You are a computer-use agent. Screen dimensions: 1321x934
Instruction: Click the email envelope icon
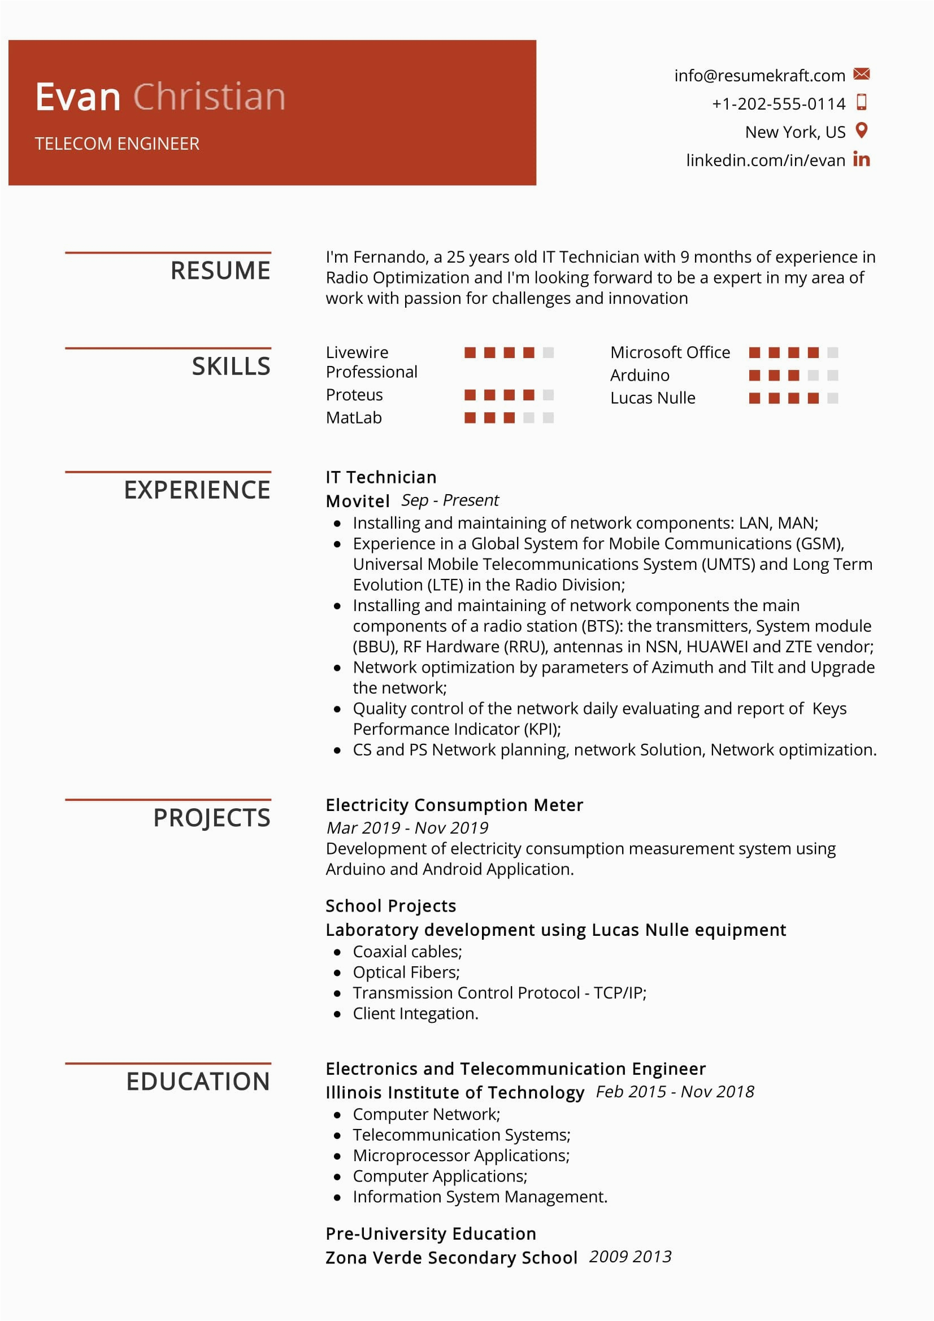tap(861, 74)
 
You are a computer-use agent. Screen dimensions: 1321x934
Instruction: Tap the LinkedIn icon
tap(861, 159)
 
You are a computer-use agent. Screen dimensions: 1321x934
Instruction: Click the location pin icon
tap(861, 130)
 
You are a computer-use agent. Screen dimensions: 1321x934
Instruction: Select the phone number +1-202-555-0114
tap(778, 103)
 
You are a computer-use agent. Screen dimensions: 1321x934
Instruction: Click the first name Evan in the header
tap(77, 97)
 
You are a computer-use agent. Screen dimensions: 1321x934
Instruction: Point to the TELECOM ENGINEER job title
tap(117, 144)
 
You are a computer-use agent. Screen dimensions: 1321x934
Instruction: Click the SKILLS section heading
tap(231, 367)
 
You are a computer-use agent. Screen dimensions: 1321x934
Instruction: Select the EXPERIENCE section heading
tap(197, 490)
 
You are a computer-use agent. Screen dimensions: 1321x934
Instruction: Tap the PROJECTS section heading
tap(211, 818)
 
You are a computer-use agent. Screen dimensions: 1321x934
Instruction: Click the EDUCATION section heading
tap(198, 1082)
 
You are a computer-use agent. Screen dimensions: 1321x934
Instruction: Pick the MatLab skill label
tap(353, 418)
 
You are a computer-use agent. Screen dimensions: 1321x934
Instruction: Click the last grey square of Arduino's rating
tap(832, 376)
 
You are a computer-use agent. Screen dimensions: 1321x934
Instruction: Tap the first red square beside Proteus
tap(470, 395)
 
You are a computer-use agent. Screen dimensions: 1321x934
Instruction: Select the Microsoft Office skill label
tap(670, 352)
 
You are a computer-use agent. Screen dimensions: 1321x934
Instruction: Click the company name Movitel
tap(357, 501)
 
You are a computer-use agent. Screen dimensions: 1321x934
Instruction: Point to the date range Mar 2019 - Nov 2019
tap(407, 828)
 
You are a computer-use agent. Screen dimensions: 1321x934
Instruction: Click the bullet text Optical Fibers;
tap(406, 973)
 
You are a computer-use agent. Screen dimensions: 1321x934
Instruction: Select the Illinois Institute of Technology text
tap(455, 1092)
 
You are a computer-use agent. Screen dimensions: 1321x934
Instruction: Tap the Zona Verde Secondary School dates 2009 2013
tap(630, 1257)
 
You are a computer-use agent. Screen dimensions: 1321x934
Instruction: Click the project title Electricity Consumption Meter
tap(454, 805)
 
